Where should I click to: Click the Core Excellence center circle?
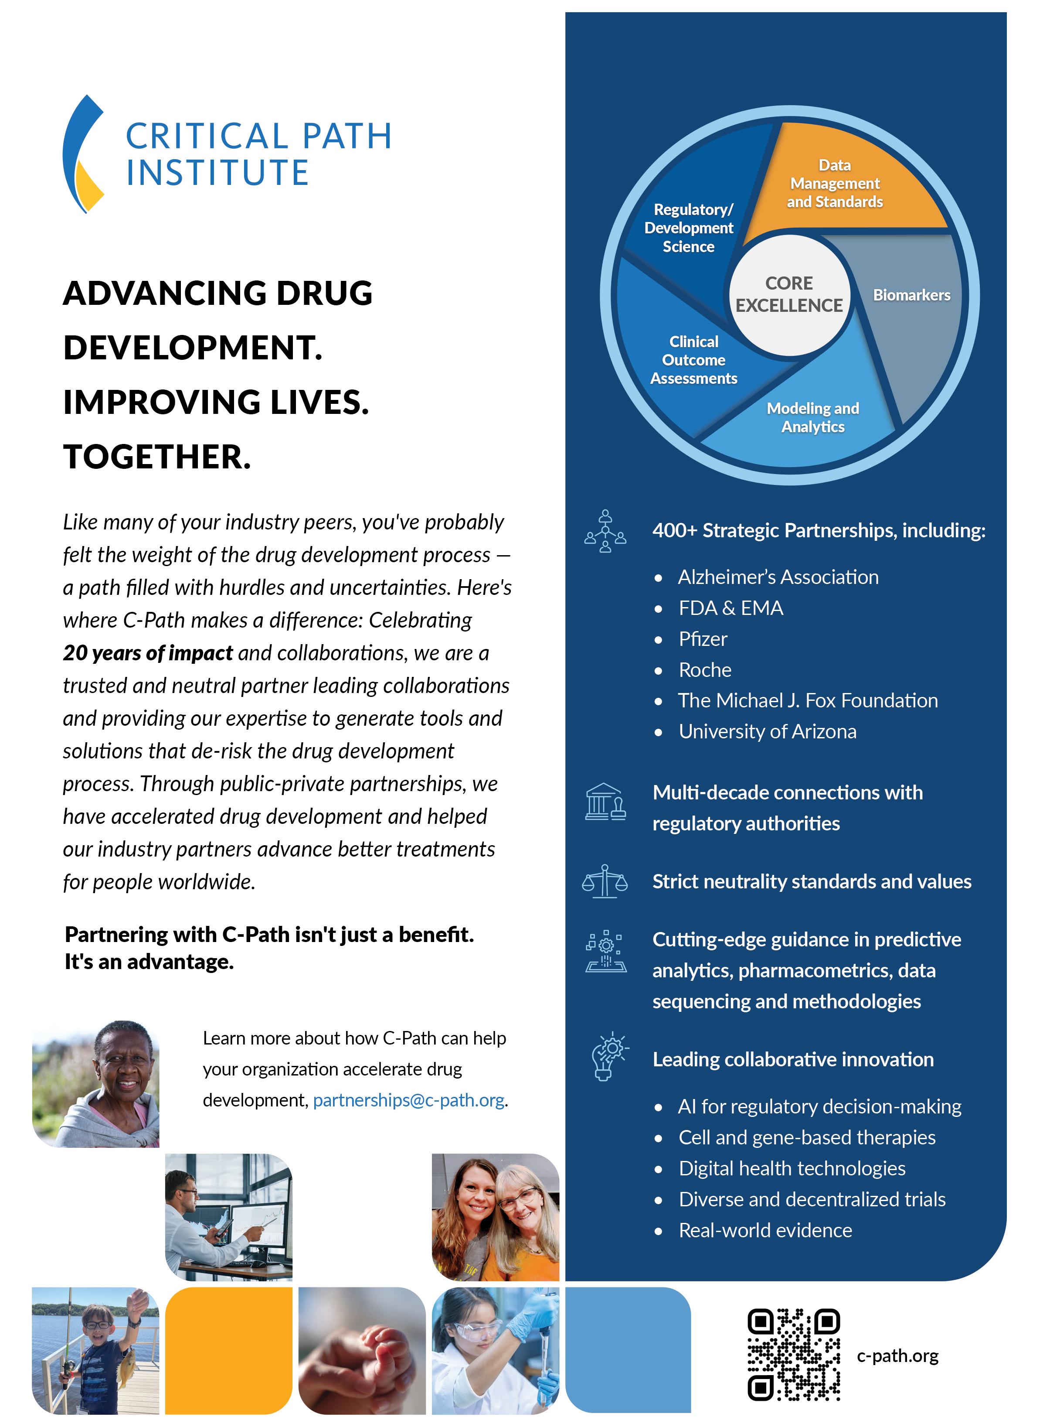coord(789,294)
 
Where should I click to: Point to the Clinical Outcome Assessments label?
coord(693,360)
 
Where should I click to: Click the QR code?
coord(793,1355)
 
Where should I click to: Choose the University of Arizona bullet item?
coord(767,731)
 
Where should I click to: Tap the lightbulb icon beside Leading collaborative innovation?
coord(607,1057)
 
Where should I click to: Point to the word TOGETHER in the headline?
coord(157,457)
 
